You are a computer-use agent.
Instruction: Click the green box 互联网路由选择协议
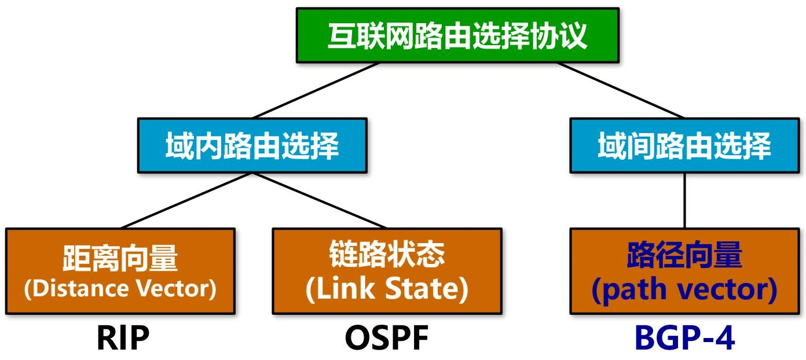coord(457,35)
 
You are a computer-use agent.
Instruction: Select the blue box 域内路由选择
coord(252,145)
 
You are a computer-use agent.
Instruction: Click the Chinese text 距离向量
coord(120,258)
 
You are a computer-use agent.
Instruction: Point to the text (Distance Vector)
coord(120,289)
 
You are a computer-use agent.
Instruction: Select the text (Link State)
coord(387,290)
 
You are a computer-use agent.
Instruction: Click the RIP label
coord(122,339)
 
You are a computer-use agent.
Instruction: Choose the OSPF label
coord(386,339)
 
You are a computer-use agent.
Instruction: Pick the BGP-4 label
coord(684,339)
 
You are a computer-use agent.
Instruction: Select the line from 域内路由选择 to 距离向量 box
coord(186,200)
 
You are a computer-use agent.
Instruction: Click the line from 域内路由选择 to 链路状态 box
coord(320,200)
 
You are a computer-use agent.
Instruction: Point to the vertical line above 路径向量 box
coord(685,200)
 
